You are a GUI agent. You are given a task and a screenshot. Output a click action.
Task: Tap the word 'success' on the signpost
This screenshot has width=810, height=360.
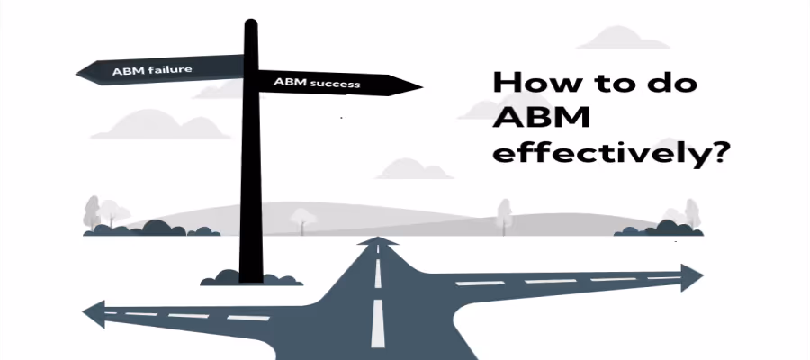coord(338,85)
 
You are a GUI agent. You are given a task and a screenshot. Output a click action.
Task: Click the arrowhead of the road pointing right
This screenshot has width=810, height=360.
coord(693,277)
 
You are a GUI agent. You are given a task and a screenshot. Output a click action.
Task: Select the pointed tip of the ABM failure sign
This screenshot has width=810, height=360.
coord(79,69)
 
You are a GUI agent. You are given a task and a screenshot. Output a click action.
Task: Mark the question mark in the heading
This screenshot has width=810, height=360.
coord(717,150)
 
